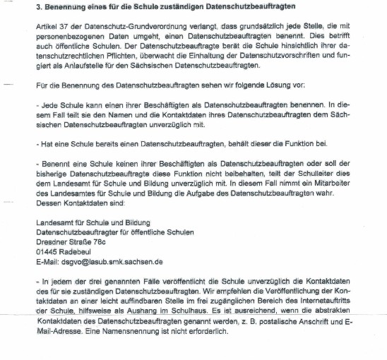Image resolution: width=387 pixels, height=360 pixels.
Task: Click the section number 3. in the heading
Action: [x=38, y=8]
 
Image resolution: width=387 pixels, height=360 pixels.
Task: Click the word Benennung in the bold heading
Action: [x=65, y=8]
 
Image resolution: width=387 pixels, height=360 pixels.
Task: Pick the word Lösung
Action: [x=275, y=85]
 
